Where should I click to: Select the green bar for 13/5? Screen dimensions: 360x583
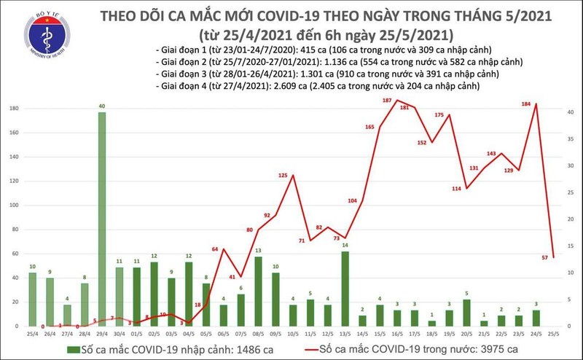[x=345, y=284]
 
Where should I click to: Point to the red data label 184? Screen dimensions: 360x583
[x=526, y=103]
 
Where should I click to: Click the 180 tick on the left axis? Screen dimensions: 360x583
[x=15, y=109]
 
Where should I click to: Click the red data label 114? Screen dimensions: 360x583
[x=458, y=189]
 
